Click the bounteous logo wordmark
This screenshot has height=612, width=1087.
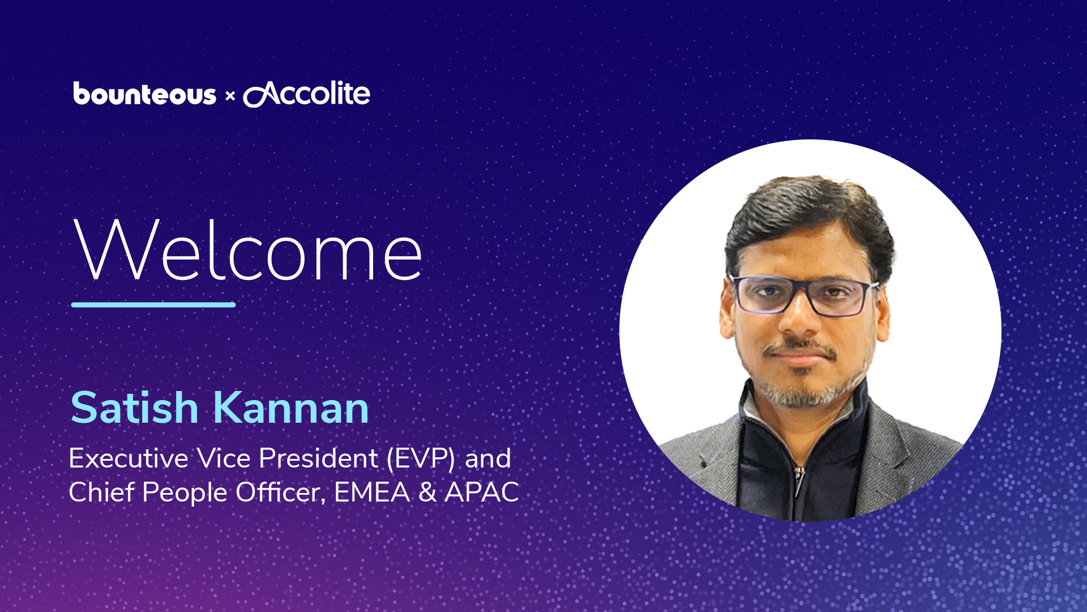pyautogui.click(x=144, y=94)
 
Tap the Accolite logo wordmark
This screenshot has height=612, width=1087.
pyautogui.click(x=307, y=94)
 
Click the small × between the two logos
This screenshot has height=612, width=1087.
pyautogui.click(x=230, y=96)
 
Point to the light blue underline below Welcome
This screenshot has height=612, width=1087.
pyautogui.click(x=153, y=305)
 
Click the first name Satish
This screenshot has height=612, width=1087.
pyautogui.click(x=134, y=407)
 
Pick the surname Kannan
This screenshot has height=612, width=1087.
pyautogui.click(x=291, y=407)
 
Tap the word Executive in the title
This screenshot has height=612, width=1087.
pyautogui.click(x=129, y=458)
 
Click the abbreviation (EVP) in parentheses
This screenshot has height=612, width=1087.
pyautogui.click(x=421, y=458)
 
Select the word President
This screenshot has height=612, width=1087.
pyautogui.click(x=318, y=458)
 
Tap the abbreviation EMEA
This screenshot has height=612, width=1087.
pyautogui.click(x=372, y=492)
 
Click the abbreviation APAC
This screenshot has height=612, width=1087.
pyautogui.click(x=482, y=492)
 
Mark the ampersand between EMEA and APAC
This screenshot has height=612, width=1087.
pyautogui.click(x=427, y=492)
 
